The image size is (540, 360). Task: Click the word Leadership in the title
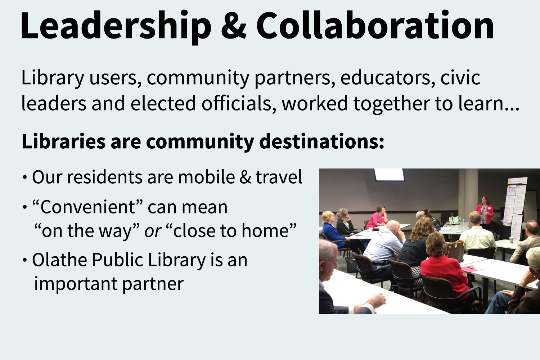(116, 27)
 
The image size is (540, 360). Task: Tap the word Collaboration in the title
(375, 24)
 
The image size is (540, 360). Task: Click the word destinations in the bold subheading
(321, 142)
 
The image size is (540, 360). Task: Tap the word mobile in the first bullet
(206, 177)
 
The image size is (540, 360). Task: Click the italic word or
(153, 231)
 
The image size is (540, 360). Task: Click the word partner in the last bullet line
(153, 284)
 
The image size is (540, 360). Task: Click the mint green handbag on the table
(455, 220)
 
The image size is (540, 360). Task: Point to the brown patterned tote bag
(455, 251)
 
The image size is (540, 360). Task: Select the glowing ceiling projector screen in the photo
(389, 175)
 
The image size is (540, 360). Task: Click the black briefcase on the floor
(351, 265)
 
